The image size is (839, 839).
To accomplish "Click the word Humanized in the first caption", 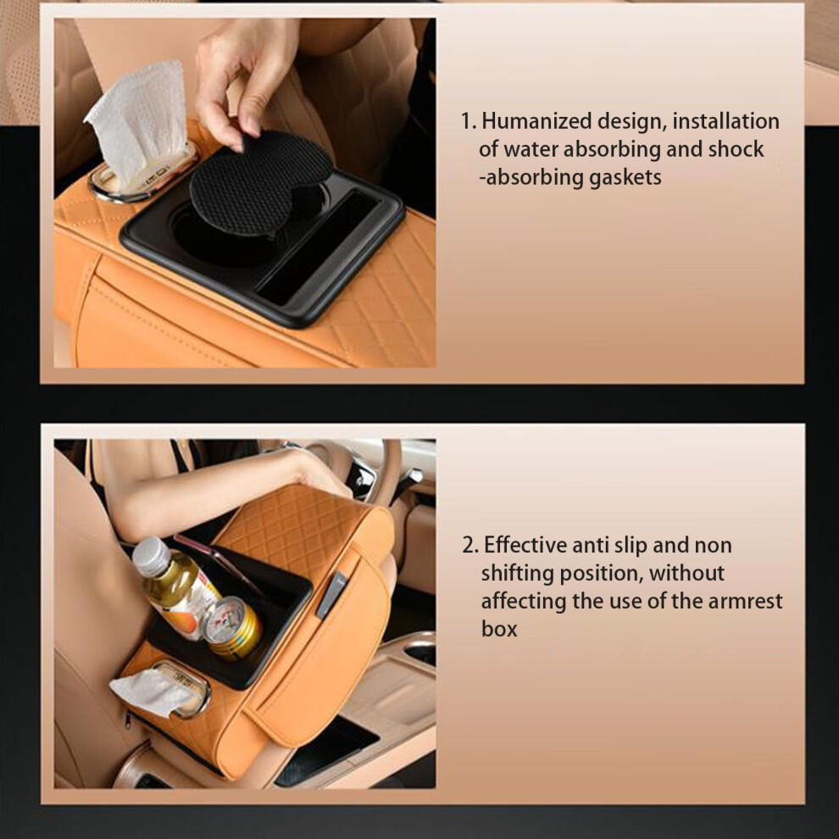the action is (x=536, y=121).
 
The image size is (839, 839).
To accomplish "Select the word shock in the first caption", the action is (x=736, y=149).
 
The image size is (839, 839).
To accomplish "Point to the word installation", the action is (x=725, y=121).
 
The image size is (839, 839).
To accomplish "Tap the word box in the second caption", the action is (x=499, y=629).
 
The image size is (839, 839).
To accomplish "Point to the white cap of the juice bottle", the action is (x=151, y=557).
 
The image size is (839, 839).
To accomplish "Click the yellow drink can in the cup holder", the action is (x=233, y=628).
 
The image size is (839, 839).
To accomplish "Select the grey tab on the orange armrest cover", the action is (x=331, y=595).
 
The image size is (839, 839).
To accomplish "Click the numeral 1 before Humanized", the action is (x=466, y=121).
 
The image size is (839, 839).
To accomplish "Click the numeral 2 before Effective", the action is (x=469, y=545).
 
